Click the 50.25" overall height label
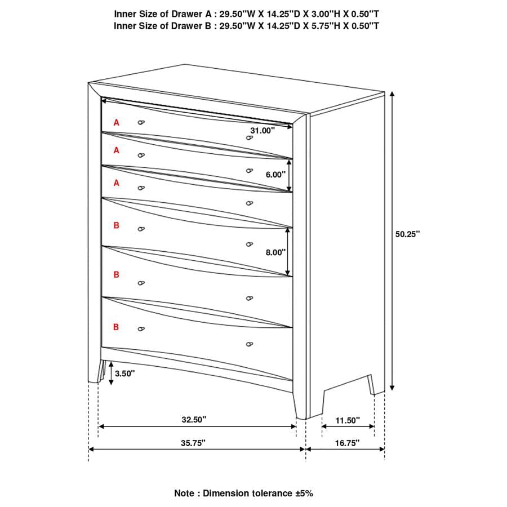click(x=407, y=234)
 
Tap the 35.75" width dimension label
click(x=193, y=443)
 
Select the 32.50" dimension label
click(x=194, y=420)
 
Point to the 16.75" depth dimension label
click(x=346, y=443)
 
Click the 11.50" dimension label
click(x=348, y=420)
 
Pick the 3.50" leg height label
click(x=125, y=373)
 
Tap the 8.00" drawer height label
click(x=276, y=253)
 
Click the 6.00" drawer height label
click(x=276, y=175)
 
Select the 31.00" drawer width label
click(x=263, y=130)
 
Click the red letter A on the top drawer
click(x=117, y=122)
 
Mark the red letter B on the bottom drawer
click(x=117, y=327)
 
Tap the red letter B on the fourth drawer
click(x=117, y=225)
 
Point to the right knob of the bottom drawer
click(x=249, y=344)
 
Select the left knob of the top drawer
click(x=141, y=122)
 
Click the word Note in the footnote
click(x=185, y=493)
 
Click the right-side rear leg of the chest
click(x=371, y=386)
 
